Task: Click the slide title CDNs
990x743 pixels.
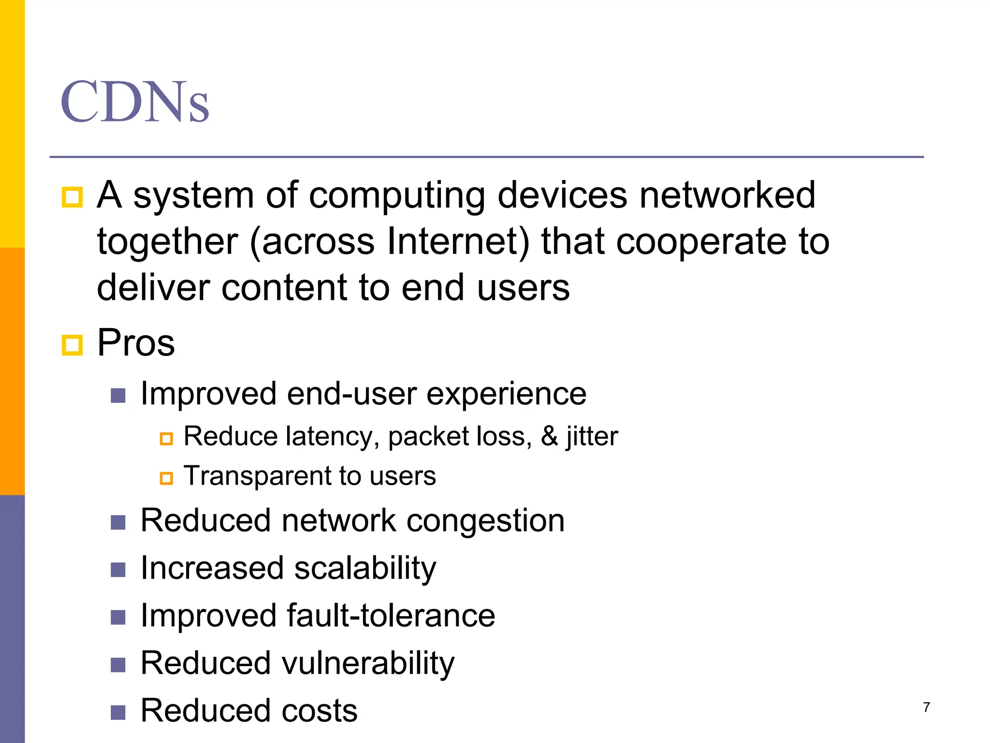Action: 135,102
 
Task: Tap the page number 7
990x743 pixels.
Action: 926,707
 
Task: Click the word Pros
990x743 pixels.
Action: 136,342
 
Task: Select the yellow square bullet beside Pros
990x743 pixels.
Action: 73,345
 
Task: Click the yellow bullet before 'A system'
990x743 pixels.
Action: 73,197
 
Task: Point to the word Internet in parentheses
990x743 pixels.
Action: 457,241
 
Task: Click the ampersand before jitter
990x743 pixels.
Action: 549,436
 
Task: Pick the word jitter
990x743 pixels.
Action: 592,437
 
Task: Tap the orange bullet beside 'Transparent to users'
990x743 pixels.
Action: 166,478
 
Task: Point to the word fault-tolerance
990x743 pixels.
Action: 391,615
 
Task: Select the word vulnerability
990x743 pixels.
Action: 368,663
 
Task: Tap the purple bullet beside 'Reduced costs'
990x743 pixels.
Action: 118,713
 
